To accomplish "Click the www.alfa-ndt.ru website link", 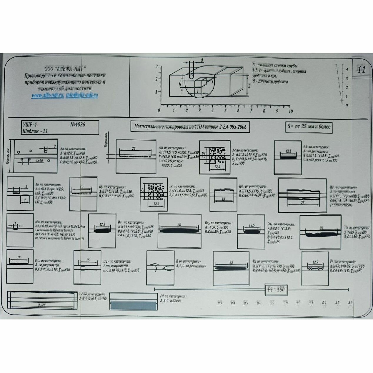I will pyautogui.click(x=48, y=95).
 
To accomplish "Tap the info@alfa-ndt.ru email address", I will pyautogui.click(x=82, y=95).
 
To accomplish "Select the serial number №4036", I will pyautogui.click(x=78, y=124).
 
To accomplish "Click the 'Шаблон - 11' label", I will pyautogui.click(x=35, y=131).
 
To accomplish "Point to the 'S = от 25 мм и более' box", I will pyautogui.click(x=309, y=127).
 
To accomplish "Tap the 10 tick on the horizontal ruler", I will pyautogui.click(x=291, y=111).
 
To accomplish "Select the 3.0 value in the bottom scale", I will pyautogui.click(x=350, y=302).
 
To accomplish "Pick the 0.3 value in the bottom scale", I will pyautogui.click(x=220, y=303).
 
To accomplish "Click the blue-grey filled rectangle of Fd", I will pyautogui.click(x=133, y=305).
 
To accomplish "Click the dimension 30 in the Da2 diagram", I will pyautogui.click(x=179, y=225).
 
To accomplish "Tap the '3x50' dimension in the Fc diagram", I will pyautogui.click(x=42, y=306).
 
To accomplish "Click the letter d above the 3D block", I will pyautogui.click(x=202, y=60).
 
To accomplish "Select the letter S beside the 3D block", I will pyautogui.click(x=249, y=86).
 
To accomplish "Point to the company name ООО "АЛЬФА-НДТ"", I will pyautogui.click(x=65, y=68).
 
